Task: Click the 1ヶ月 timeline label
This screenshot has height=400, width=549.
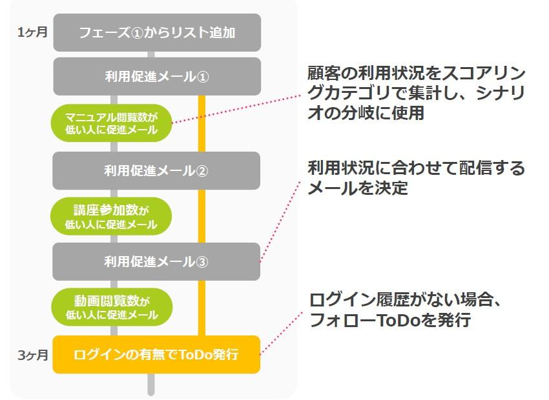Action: [32, 32]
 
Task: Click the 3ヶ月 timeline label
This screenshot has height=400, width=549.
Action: [32, 355]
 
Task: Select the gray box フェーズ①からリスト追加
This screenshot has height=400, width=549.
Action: [157, 32]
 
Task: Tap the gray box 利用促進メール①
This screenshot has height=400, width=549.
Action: [157, 77]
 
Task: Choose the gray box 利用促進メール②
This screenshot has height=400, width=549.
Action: [156, 171]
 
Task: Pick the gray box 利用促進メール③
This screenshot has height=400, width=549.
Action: [156, 262]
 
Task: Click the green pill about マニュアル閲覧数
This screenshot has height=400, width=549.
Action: [111, 123]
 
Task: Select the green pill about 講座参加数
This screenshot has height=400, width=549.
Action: [111, 217]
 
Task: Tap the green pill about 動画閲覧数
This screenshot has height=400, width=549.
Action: [111, 308]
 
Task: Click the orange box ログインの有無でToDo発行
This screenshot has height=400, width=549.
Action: [156, 355]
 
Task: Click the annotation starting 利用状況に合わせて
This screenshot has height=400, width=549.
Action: [417, 178]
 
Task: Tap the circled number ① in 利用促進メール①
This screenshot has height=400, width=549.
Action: [202, 77]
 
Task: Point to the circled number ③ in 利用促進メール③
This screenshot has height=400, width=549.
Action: [202, 262]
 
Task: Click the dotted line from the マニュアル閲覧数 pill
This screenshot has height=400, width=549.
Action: [239, 108]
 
